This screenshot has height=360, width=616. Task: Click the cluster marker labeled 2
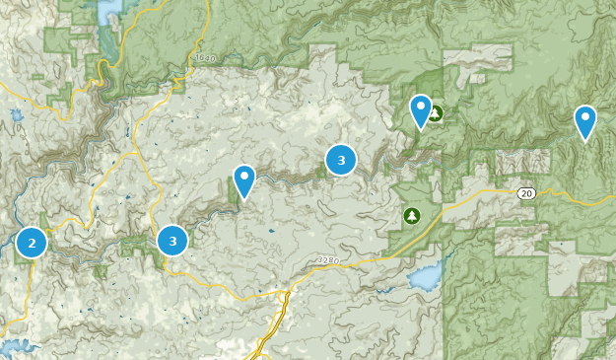(32, 242)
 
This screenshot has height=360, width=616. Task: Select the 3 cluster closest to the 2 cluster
(172, 240)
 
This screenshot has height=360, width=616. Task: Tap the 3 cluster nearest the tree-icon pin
(341, 159)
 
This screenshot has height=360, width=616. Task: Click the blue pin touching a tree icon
(421, 110)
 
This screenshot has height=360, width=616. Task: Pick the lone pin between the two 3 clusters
(243, 180)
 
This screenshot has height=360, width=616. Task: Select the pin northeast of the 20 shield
(585, 122)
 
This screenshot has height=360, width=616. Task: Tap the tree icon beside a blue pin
(436, 113)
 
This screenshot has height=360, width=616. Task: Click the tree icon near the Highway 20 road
(411, 215)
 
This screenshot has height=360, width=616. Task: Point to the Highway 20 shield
(527, 193)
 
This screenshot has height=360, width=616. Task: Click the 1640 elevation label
(205, 59)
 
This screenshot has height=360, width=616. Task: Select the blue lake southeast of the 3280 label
(426, 278)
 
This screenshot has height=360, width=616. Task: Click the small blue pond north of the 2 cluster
(17, 115)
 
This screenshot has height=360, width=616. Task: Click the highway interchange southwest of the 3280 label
(282, 297)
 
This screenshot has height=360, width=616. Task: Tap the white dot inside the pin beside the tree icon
(421, 105)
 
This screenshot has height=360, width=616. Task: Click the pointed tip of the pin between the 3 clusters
(243, 200)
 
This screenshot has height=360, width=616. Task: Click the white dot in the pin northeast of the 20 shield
(585, 117)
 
